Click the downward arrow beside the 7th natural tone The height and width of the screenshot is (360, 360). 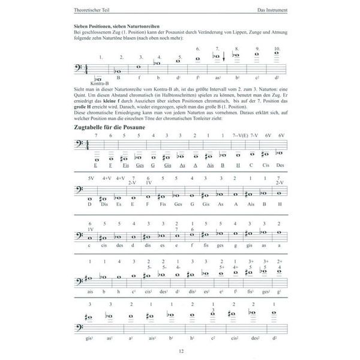(223, 58)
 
